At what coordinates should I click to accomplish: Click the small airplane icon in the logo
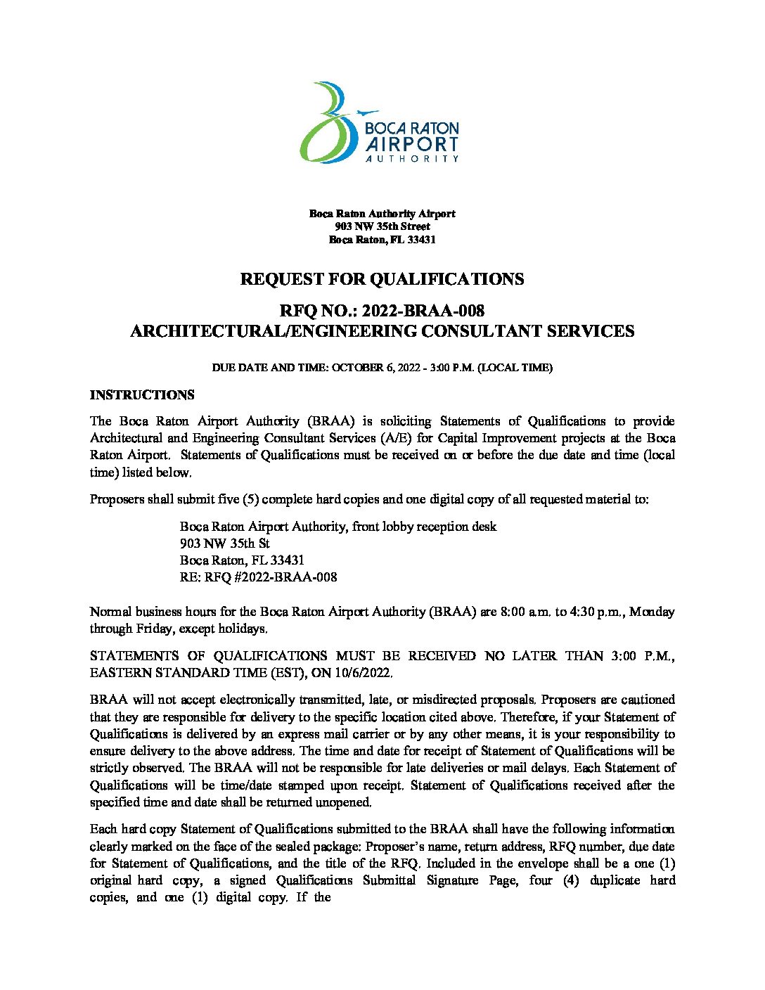click(367, 112)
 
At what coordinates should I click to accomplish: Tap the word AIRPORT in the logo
click(412, 144)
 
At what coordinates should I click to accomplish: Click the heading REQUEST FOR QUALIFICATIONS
click(382, 279)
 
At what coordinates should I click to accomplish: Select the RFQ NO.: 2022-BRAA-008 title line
click(382, 311)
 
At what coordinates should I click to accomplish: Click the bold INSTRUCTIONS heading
click(142, 395)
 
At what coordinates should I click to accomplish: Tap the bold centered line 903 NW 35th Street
click(382, 226)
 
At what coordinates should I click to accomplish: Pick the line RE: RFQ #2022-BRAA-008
click(258, 577)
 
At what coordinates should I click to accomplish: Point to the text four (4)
click(554, 880)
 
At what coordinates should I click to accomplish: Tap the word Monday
click(652, 612)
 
